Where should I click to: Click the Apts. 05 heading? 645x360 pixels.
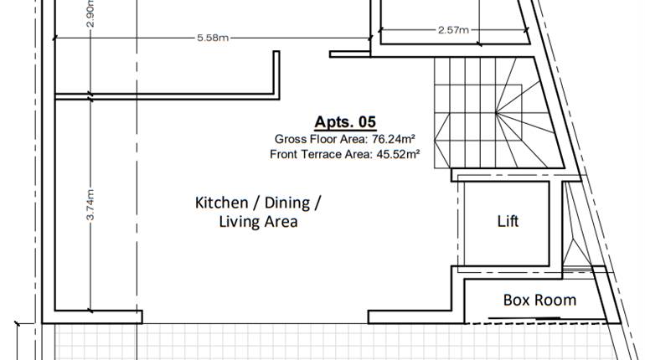(x=345, y=122)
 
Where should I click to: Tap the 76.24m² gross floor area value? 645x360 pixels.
(x=393, y=139)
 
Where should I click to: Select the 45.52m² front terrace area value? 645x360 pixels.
(x=398, y=154)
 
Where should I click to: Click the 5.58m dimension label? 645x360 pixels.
(x=213, y=38)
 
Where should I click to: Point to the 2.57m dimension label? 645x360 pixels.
(x=453, y=29)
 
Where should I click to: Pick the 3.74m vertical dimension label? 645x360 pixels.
(x=91, y=204)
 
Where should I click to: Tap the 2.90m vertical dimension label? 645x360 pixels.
(x=91, y=13)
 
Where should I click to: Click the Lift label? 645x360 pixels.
(x=508, y=221)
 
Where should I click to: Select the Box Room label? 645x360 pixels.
(x=539, y=300)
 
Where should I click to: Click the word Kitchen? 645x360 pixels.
(x=221, y=203)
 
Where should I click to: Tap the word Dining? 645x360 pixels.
(x=287, y=203)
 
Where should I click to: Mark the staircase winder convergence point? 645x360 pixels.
(x=496, y=112)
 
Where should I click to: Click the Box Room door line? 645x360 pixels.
(x=524, y=318)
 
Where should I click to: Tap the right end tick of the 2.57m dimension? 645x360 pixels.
(x=526, y=29)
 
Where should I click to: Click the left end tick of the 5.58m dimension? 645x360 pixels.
(x=54, y=38)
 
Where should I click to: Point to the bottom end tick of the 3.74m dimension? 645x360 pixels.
(x=90, y=311)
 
